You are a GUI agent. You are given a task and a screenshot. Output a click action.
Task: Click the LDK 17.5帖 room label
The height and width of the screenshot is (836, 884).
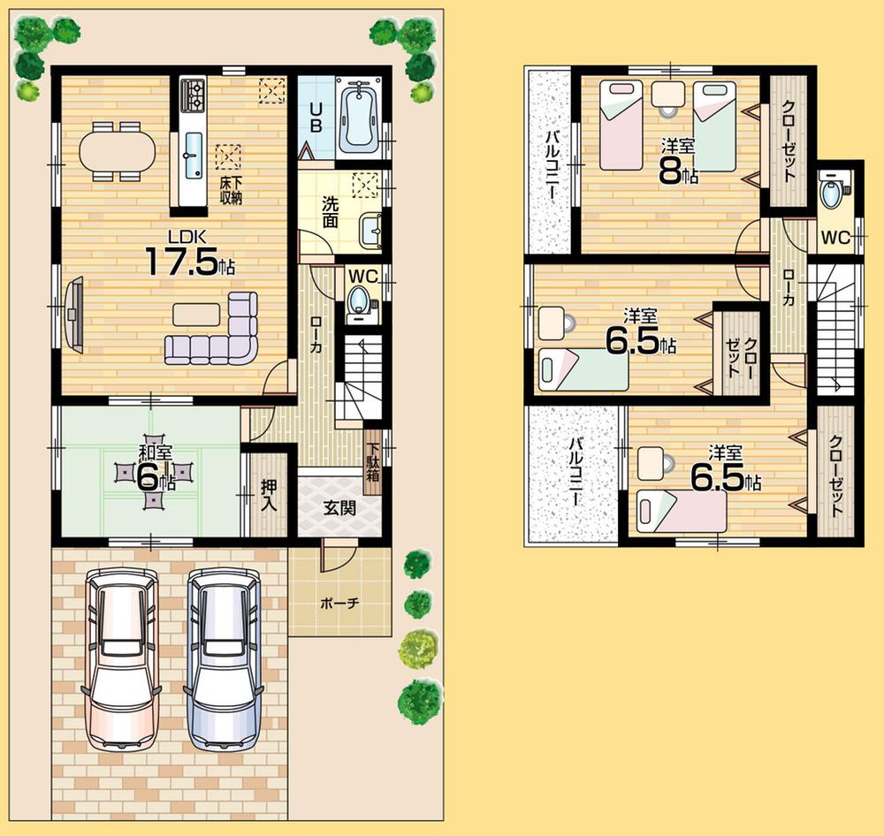pos(190,254)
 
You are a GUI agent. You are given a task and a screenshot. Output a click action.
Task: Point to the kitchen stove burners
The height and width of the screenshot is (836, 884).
pos(193,91)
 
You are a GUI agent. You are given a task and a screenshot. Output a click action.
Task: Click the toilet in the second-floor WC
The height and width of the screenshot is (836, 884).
pos(832,194)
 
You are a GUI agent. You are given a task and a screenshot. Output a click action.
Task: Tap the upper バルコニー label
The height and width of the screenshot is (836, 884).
pos(552,166)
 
